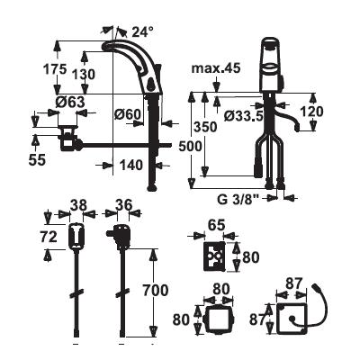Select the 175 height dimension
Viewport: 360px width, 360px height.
click(x=55, y=69)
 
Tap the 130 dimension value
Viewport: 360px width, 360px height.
click(x=84, y=75)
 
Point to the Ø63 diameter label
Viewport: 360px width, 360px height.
click(x=70, y=103)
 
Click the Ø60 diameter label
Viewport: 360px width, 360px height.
click(x=128, y=113)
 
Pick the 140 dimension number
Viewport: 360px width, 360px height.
click(x=131, y=165)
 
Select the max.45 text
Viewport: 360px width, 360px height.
click(x=216, y=68)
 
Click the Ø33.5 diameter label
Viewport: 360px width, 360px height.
click(x=244, y=115)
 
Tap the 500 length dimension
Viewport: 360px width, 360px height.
click(x=190, y=147)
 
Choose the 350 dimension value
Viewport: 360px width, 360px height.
click(x=205, y=127)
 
